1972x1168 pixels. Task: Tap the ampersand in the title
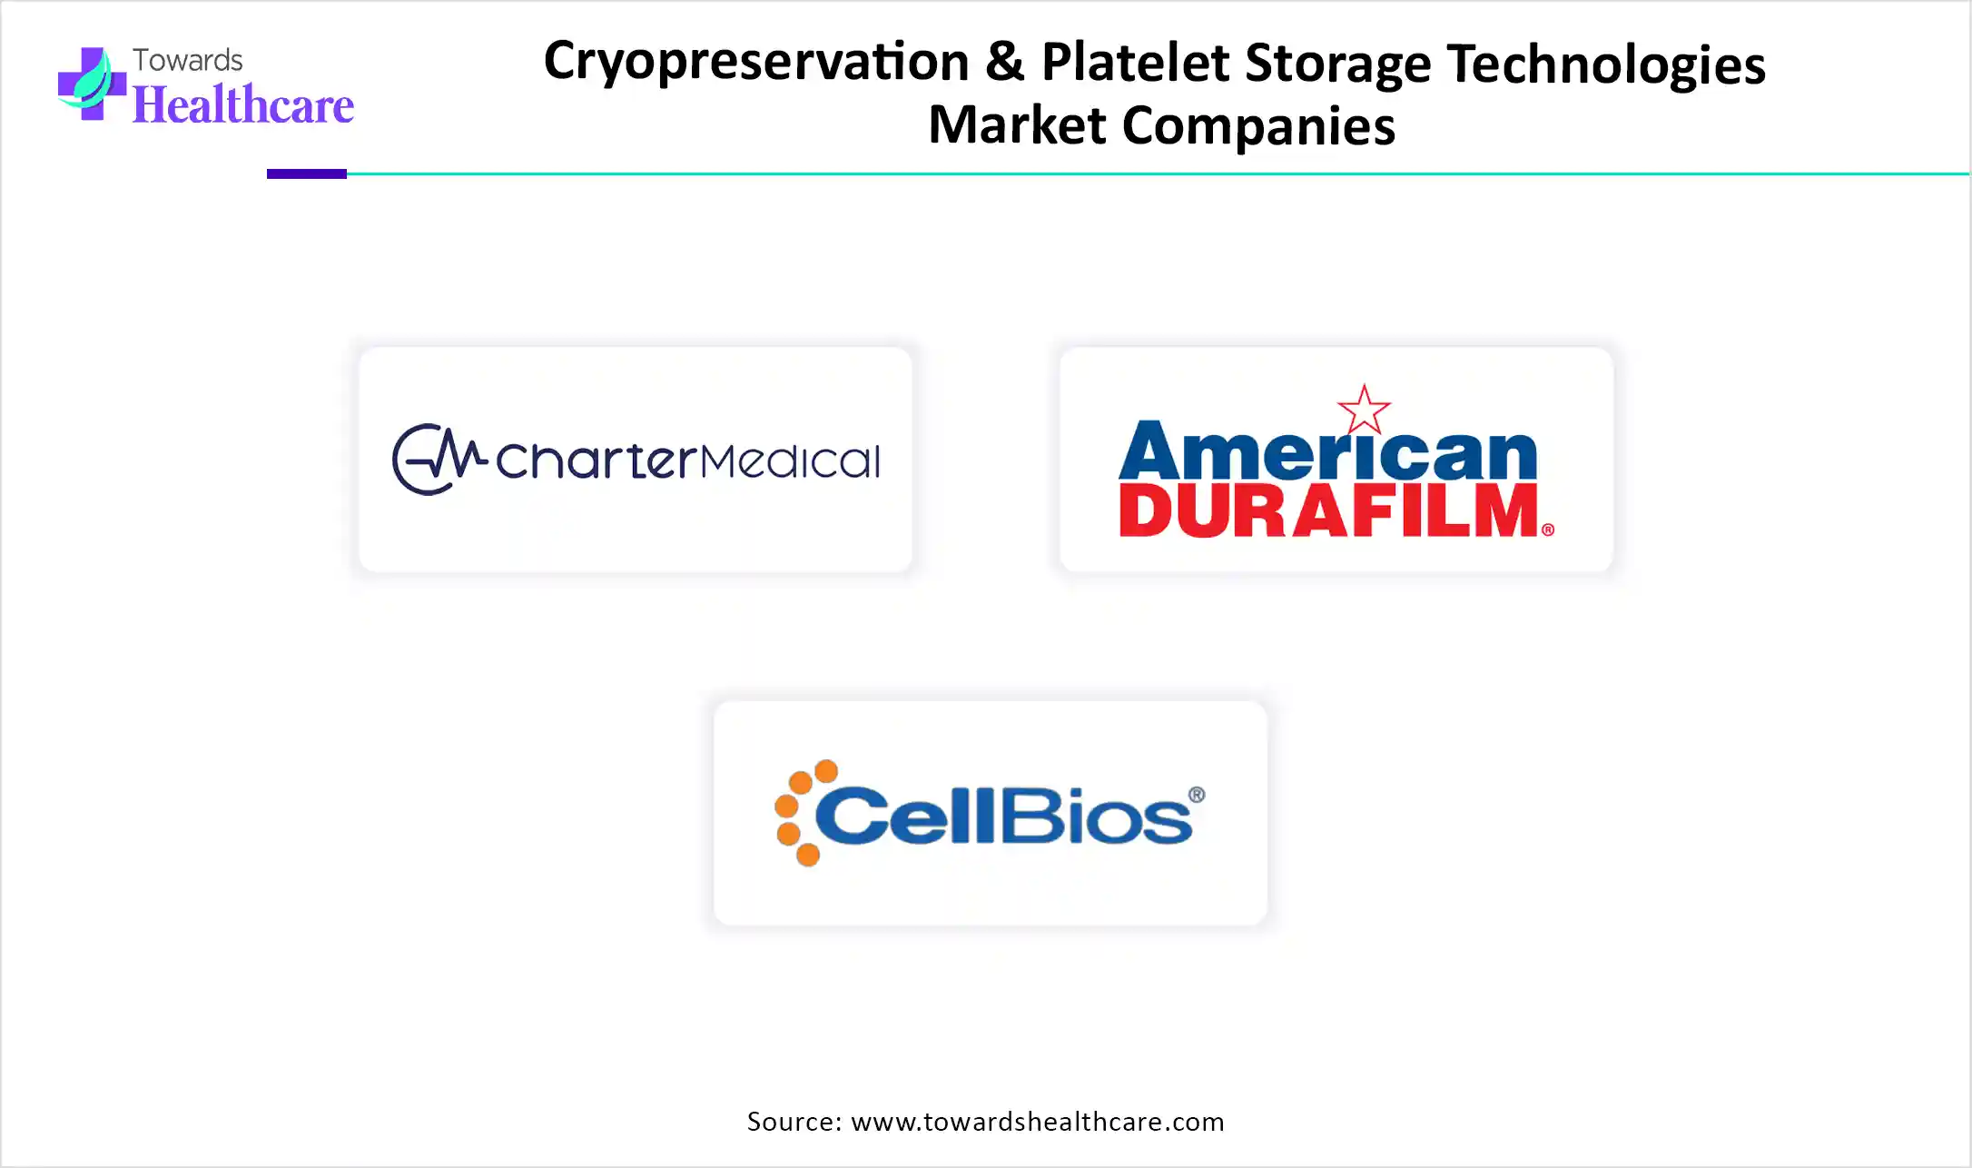coord(1004,61)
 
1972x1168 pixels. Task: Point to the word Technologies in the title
coord(1605,65)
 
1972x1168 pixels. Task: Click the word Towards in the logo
coord(188,60)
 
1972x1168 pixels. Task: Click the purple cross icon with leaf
coord(92,84)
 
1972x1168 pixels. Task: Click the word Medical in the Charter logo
coord(790,460)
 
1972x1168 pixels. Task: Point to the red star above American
coord(1364,410)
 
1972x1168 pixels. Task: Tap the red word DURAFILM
coord(1329,510)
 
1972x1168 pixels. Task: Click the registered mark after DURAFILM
coord(1548,530)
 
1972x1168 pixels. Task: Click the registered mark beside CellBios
coord(1197,795)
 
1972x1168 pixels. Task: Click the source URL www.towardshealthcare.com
coord(1038,1122)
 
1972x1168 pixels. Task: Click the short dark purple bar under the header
coord(307,173)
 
